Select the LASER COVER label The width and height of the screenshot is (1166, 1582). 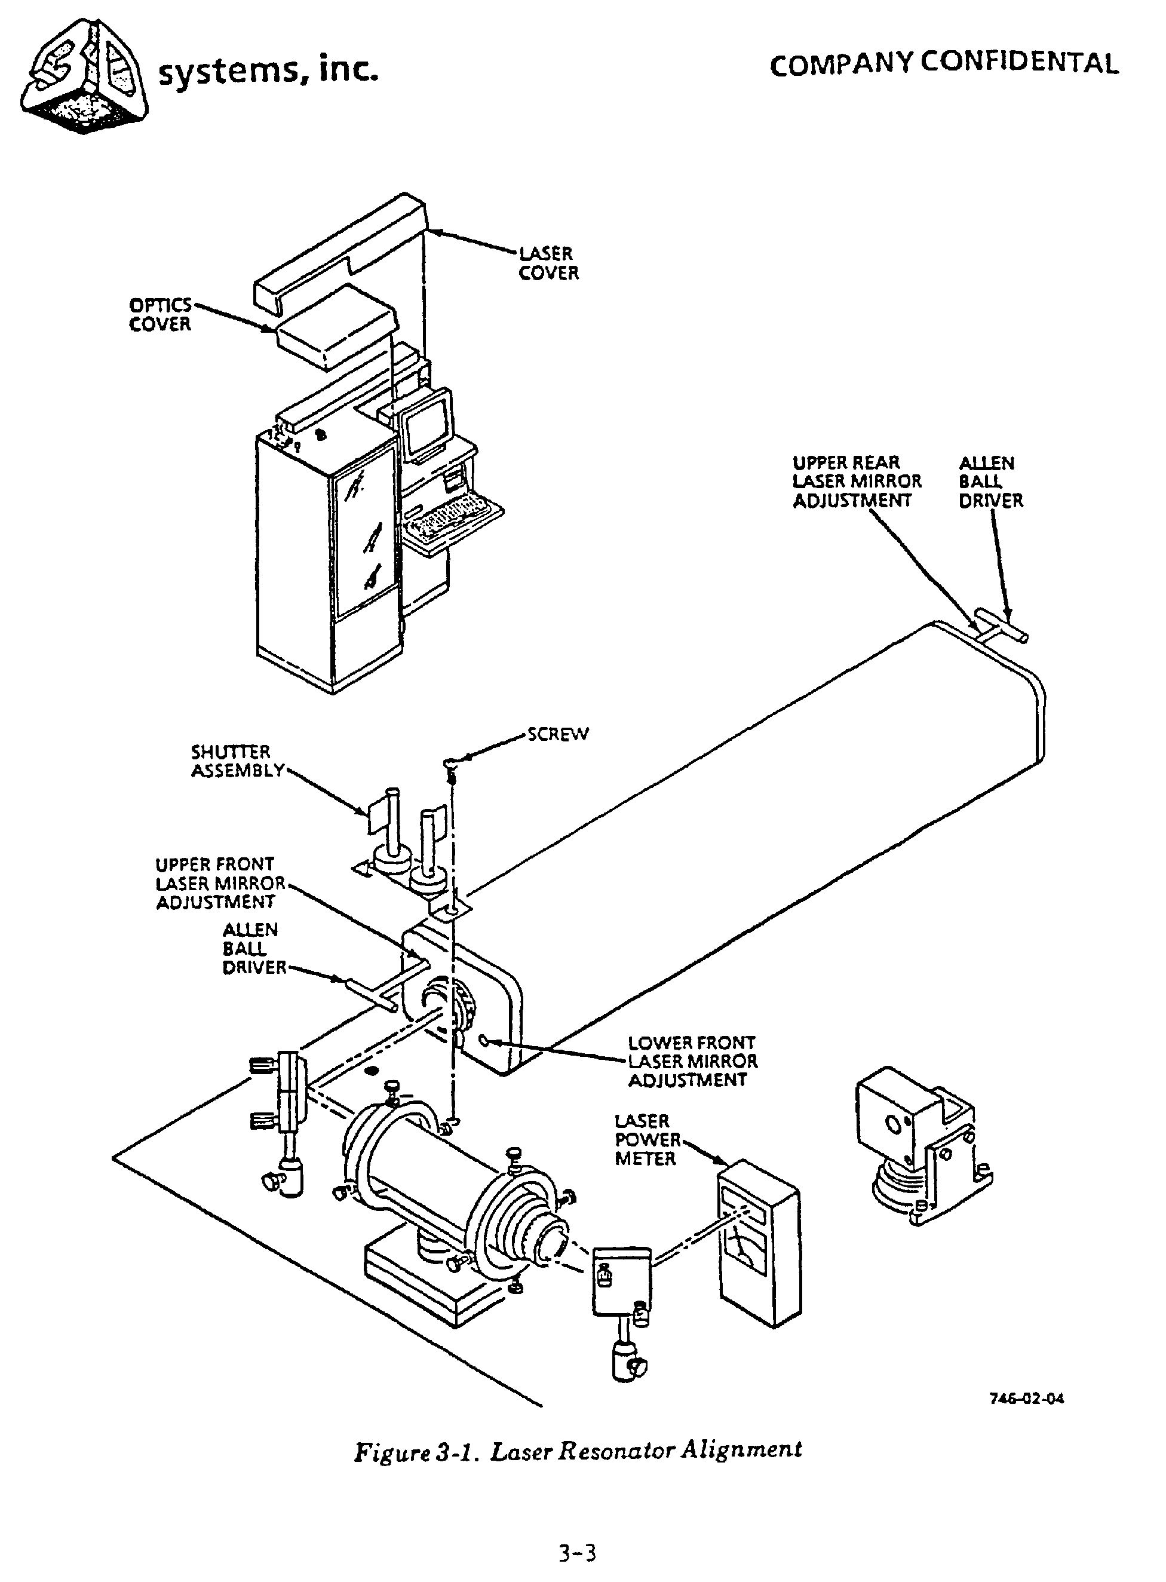click(548, 263)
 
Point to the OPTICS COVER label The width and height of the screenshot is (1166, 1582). click(160, 315)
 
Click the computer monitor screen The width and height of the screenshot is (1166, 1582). click(426, 424)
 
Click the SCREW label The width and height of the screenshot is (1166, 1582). click(557, 734)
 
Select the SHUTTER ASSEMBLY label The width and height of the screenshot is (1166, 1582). click(237, 761)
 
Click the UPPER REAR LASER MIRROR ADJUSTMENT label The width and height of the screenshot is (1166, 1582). click(856, 482)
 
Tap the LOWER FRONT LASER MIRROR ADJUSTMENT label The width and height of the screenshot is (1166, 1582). click(692, 1061)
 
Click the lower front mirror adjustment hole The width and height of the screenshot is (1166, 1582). click(483, 1040)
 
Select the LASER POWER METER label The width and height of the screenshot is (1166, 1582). click(646, 1139)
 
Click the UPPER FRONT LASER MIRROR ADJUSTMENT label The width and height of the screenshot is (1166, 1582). click(219, 883)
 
